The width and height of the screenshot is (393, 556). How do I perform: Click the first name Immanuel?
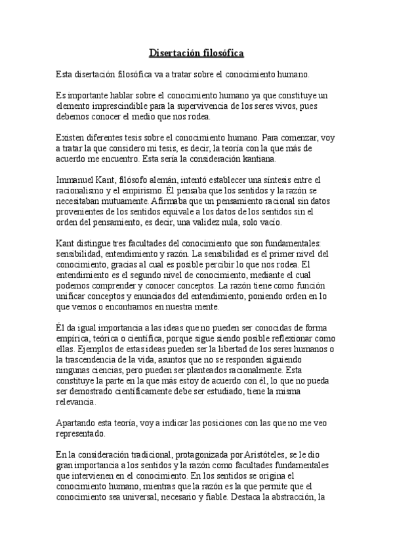point(75,180)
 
